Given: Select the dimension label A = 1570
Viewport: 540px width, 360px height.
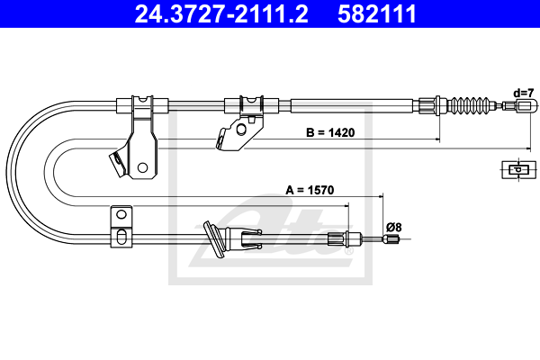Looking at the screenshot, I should tap(310, 190).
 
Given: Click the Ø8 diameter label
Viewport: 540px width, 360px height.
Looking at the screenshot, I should tap(393, 227).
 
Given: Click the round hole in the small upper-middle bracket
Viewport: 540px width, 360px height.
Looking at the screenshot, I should tap(240, 127).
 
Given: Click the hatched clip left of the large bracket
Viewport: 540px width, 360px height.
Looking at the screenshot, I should tap(117, 165).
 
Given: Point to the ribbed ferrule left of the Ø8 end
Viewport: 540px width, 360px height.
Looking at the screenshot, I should tap(338, 238).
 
